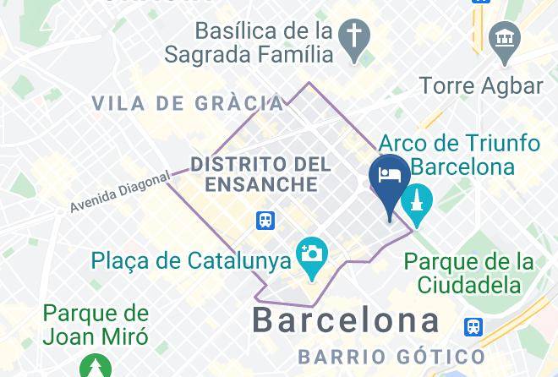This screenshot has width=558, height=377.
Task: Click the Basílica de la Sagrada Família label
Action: tap(263, 42)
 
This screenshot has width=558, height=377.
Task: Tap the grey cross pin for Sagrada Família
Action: tap(353, 37)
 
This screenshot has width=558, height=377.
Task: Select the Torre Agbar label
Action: tap(481, 85)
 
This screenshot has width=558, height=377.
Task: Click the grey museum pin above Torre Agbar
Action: tap(504, 39)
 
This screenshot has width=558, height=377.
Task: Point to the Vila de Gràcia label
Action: tap(188, 103)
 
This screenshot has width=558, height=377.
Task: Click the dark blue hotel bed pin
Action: tap(390, 180)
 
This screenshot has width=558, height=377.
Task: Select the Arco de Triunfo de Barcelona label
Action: tap(459, 154)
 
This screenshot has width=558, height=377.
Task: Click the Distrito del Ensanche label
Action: tap(254, 173)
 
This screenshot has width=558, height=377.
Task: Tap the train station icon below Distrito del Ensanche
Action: tap(266, 221)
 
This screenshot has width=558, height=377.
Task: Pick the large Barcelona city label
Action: tap(347, 320)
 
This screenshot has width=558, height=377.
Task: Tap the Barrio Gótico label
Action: tap(391, 356)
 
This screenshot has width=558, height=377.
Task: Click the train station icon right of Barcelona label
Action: tap(474, 325)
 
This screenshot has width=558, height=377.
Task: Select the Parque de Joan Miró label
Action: tap(96, 325)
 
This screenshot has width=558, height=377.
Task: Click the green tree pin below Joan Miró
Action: tap(96, 367)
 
